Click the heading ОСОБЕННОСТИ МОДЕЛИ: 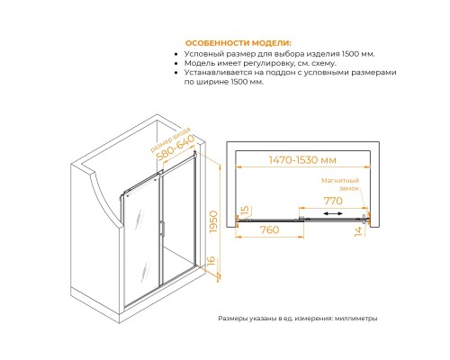pyautogui.click(x=238, y=43)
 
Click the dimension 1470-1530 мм pyautogui.click(x=302, y=160)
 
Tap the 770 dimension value pyautogui.click(x=333, y=201)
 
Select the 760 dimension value pyautogui.click(x=269, y=229)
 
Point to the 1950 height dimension pyautogui.click(x=213, y=222)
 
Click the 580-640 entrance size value pyautogui.click(x=175, y=148)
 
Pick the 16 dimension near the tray pyautogui.click(x=211, y=261)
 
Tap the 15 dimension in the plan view pyautogui.click(x=245, y=211)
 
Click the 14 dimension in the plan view pyautogui.click(x=358, y=231)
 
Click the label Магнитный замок pyautogui.click(x=340, y=184)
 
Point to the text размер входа pyautogui.click(x=170, y=139)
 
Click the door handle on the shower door pyautogui.click(x=162, y=228)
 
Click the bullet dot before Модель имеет pyautogui.click(x=176, y=64)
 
